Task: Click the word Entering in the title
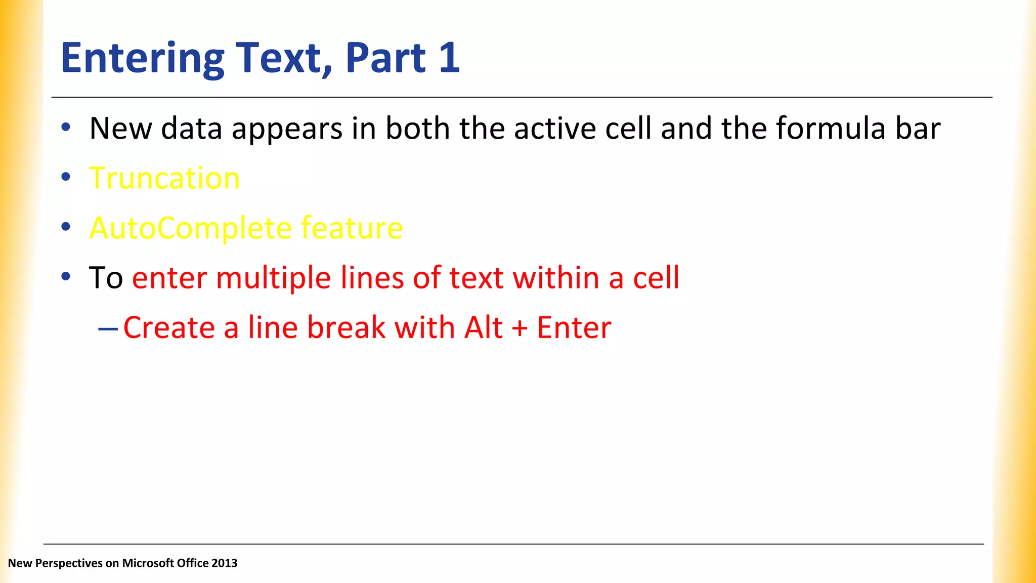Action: tap(142, 58)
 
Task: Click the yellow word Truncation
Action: tap(164, 178)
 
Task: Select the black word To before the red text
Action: tap(106, 278)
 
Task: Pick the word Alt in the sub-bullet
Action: tap(483, 327)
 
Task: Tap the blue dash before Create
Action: tap(108, 329)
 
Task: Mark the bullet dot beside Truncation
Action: tap(66, 177)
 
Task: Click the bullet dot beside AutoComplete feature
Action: tap(66, 227)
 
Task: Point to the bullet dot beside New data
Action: tap(66, 128)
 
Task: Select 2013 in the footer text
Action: tap(224, 563)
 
